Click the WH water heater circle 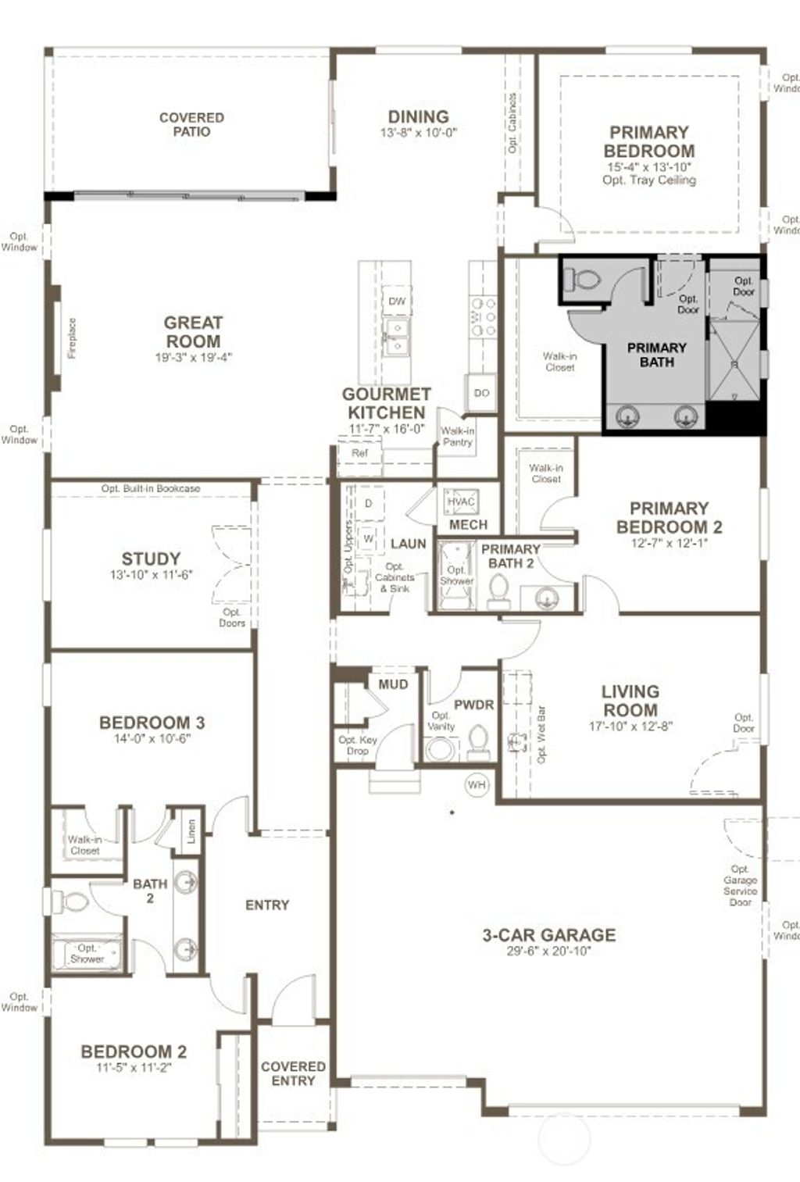click(x=477, y=784)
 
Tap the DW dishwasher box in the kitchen click(x=397, y=301)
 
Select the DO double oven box click(x=481, y=392)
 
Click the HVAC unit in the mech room click(x=460, y=502)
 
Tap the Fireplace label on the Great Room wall click(x=72, y=337)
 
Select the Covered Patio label click(x=191, y=124)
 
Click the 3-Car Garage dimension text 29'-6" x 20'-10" click(x=548, y=951)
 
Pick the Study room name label click(x=151, y=559)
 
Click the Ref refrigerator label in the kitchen click(x=359, y=453)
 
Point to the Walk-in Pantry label click(x=457, y=436)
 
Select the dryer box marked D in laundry click(x=369, y=504)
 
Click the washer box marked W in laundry click(x=368, y=539)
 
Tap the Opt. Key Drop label click(x=357, y=745)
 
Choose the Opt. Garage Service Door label click(x=740, y=885)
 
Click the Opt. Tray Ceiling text click(x=648, y=180)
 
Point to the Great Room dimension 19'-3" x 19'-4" click(x=193, y=358)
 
